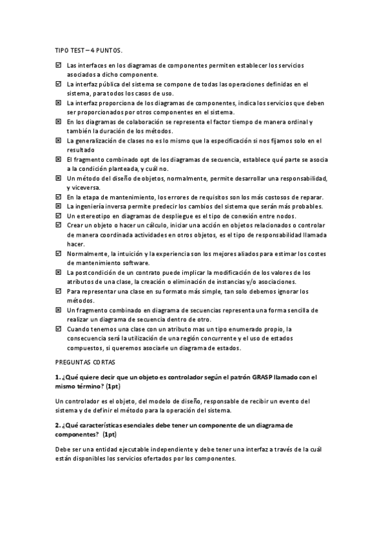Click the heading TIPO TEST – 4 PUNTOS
pyautogui.click(x=87, y=50)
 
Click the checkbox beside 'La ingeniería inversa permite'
pyautogui.click(x=59, y=206)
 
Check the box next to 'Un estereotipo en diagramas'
pyautogui.click(x=59, y=215)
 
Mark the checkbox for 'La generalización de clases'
pyautogui.click(x=59, y=140)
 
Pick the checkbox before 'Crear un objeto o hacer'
pyautogui.click(x=59, y=225)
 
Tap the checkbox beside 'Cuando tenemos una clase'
pyautogui.click(x=59, y=329)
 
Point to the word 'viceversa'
pyautogui.click(x=87, y=187)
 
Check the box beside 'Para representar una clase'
pyautogui.click(x=59, y=292)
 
